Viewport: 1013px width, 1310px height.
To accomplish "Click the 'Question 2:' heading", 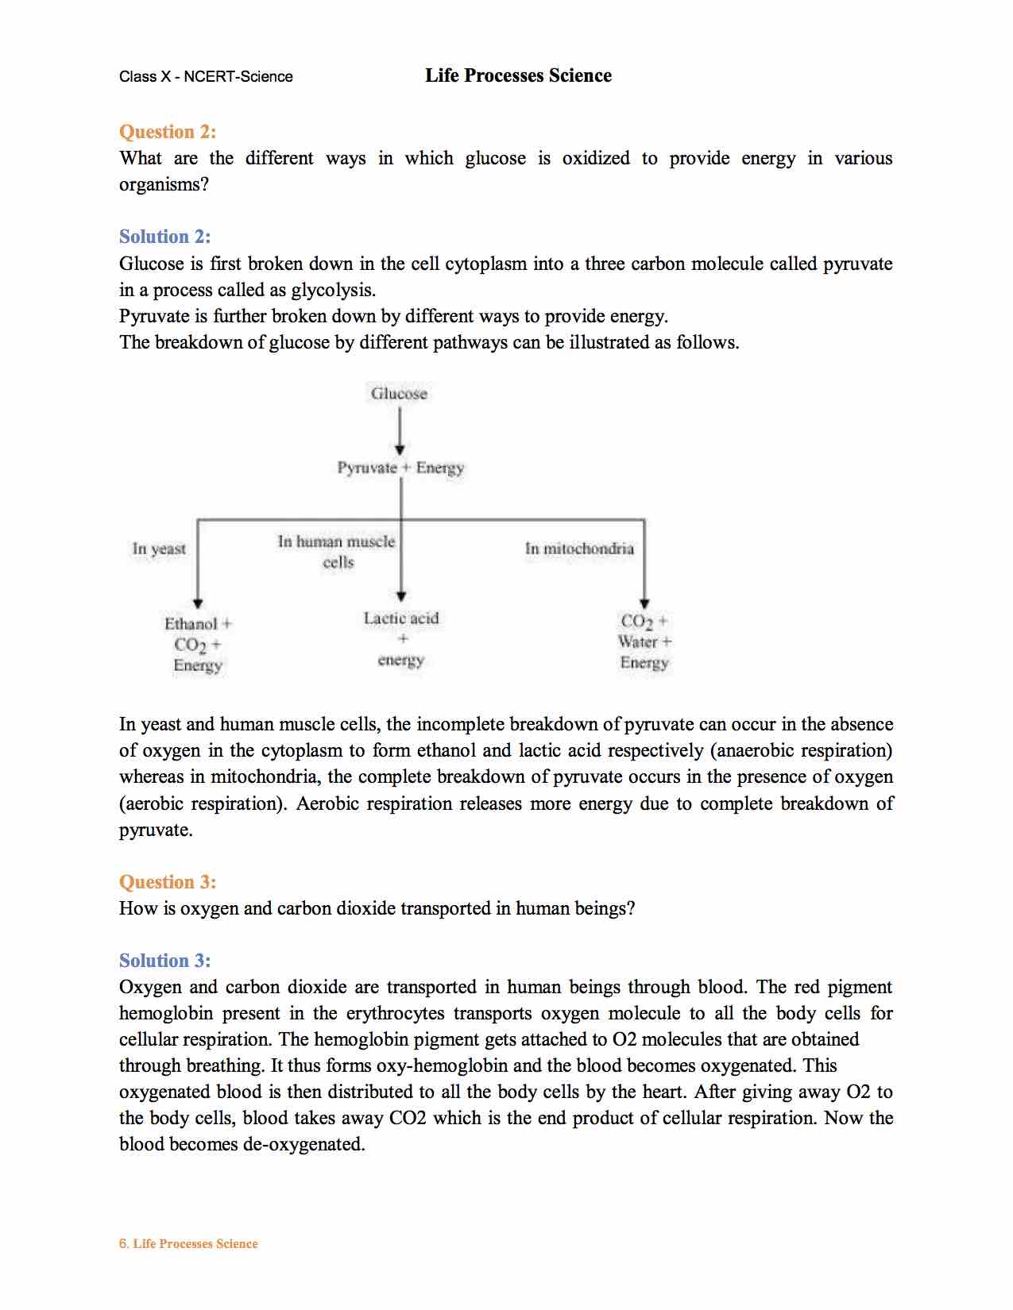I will click(x=167, y=132).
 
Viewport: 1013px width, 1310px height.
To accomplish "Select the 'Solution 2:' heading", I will click(x=164, y=237).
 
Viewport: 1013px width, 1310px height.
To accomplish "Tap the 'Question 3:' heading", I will click(x=167, y=882).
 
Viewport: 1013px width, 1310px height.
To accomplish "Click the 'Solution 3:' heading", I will click(x=164, y=961).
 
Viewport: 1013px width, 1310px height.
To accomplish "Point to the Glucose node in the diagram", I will click(x=399, y=394).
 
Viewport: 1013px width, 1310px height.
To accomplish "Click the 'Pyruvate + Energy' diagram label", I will click(x=400, y=468).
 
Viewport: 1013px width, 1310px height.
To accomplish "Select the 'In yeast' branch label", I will click(x=159, y=549).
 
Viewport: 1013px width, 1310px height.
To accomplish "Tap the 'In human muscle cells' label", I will click(x=337, y=552).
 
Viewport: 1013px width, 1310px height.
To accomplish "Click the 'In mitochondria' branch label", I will click(x=579, y=549).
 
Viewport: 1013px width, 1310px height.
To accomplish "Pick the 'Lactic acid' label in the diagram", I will click(x=401, y=618).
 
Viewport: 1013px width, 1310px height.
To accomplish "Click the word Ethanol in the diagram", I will click(x=191, y=624).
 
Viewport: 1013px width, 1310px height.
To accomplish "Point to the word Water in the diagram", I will click(x=638, y=642).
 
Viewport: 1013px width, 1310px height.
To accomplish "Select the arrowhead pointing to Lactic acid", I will click(x=401, y=596).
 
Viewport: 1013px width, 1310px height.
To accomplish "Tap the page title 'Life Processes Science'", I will click(x=518, y=75).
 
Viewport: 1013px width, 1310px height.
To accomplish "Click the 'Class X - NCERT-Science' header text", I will click(x=206, y=77).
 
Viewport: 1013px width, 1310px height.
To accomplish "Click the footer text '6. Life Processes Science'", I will click(x=188, y=1244).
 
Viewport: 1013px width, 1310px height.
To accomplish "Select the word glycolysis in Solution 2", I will click(x=333, y=290).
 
